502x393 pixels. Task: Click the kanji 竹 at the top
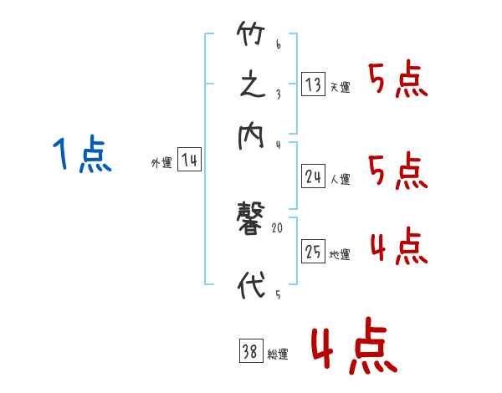[252, 37]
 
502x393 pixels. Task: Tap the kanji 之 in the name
[252, 87]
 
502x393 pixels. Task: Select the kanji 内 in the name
[252, 135]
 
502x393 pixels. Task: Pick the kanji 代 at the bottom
[252, 285]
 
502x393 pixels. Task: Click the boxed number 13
[313, 84]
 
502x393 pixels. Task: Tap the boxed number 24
[313, 176]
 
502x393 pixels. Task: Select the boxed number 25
[313, 251]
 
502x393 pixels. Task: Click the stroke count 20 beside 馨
[278, 227]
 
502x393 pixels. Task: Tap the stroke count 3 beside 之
[277, 94]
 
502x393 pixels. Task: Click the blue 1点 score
[81, 156]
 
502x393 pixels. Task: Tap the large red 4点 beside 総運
[354, 347]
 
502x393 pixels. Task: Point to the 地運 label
[340, 255]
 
